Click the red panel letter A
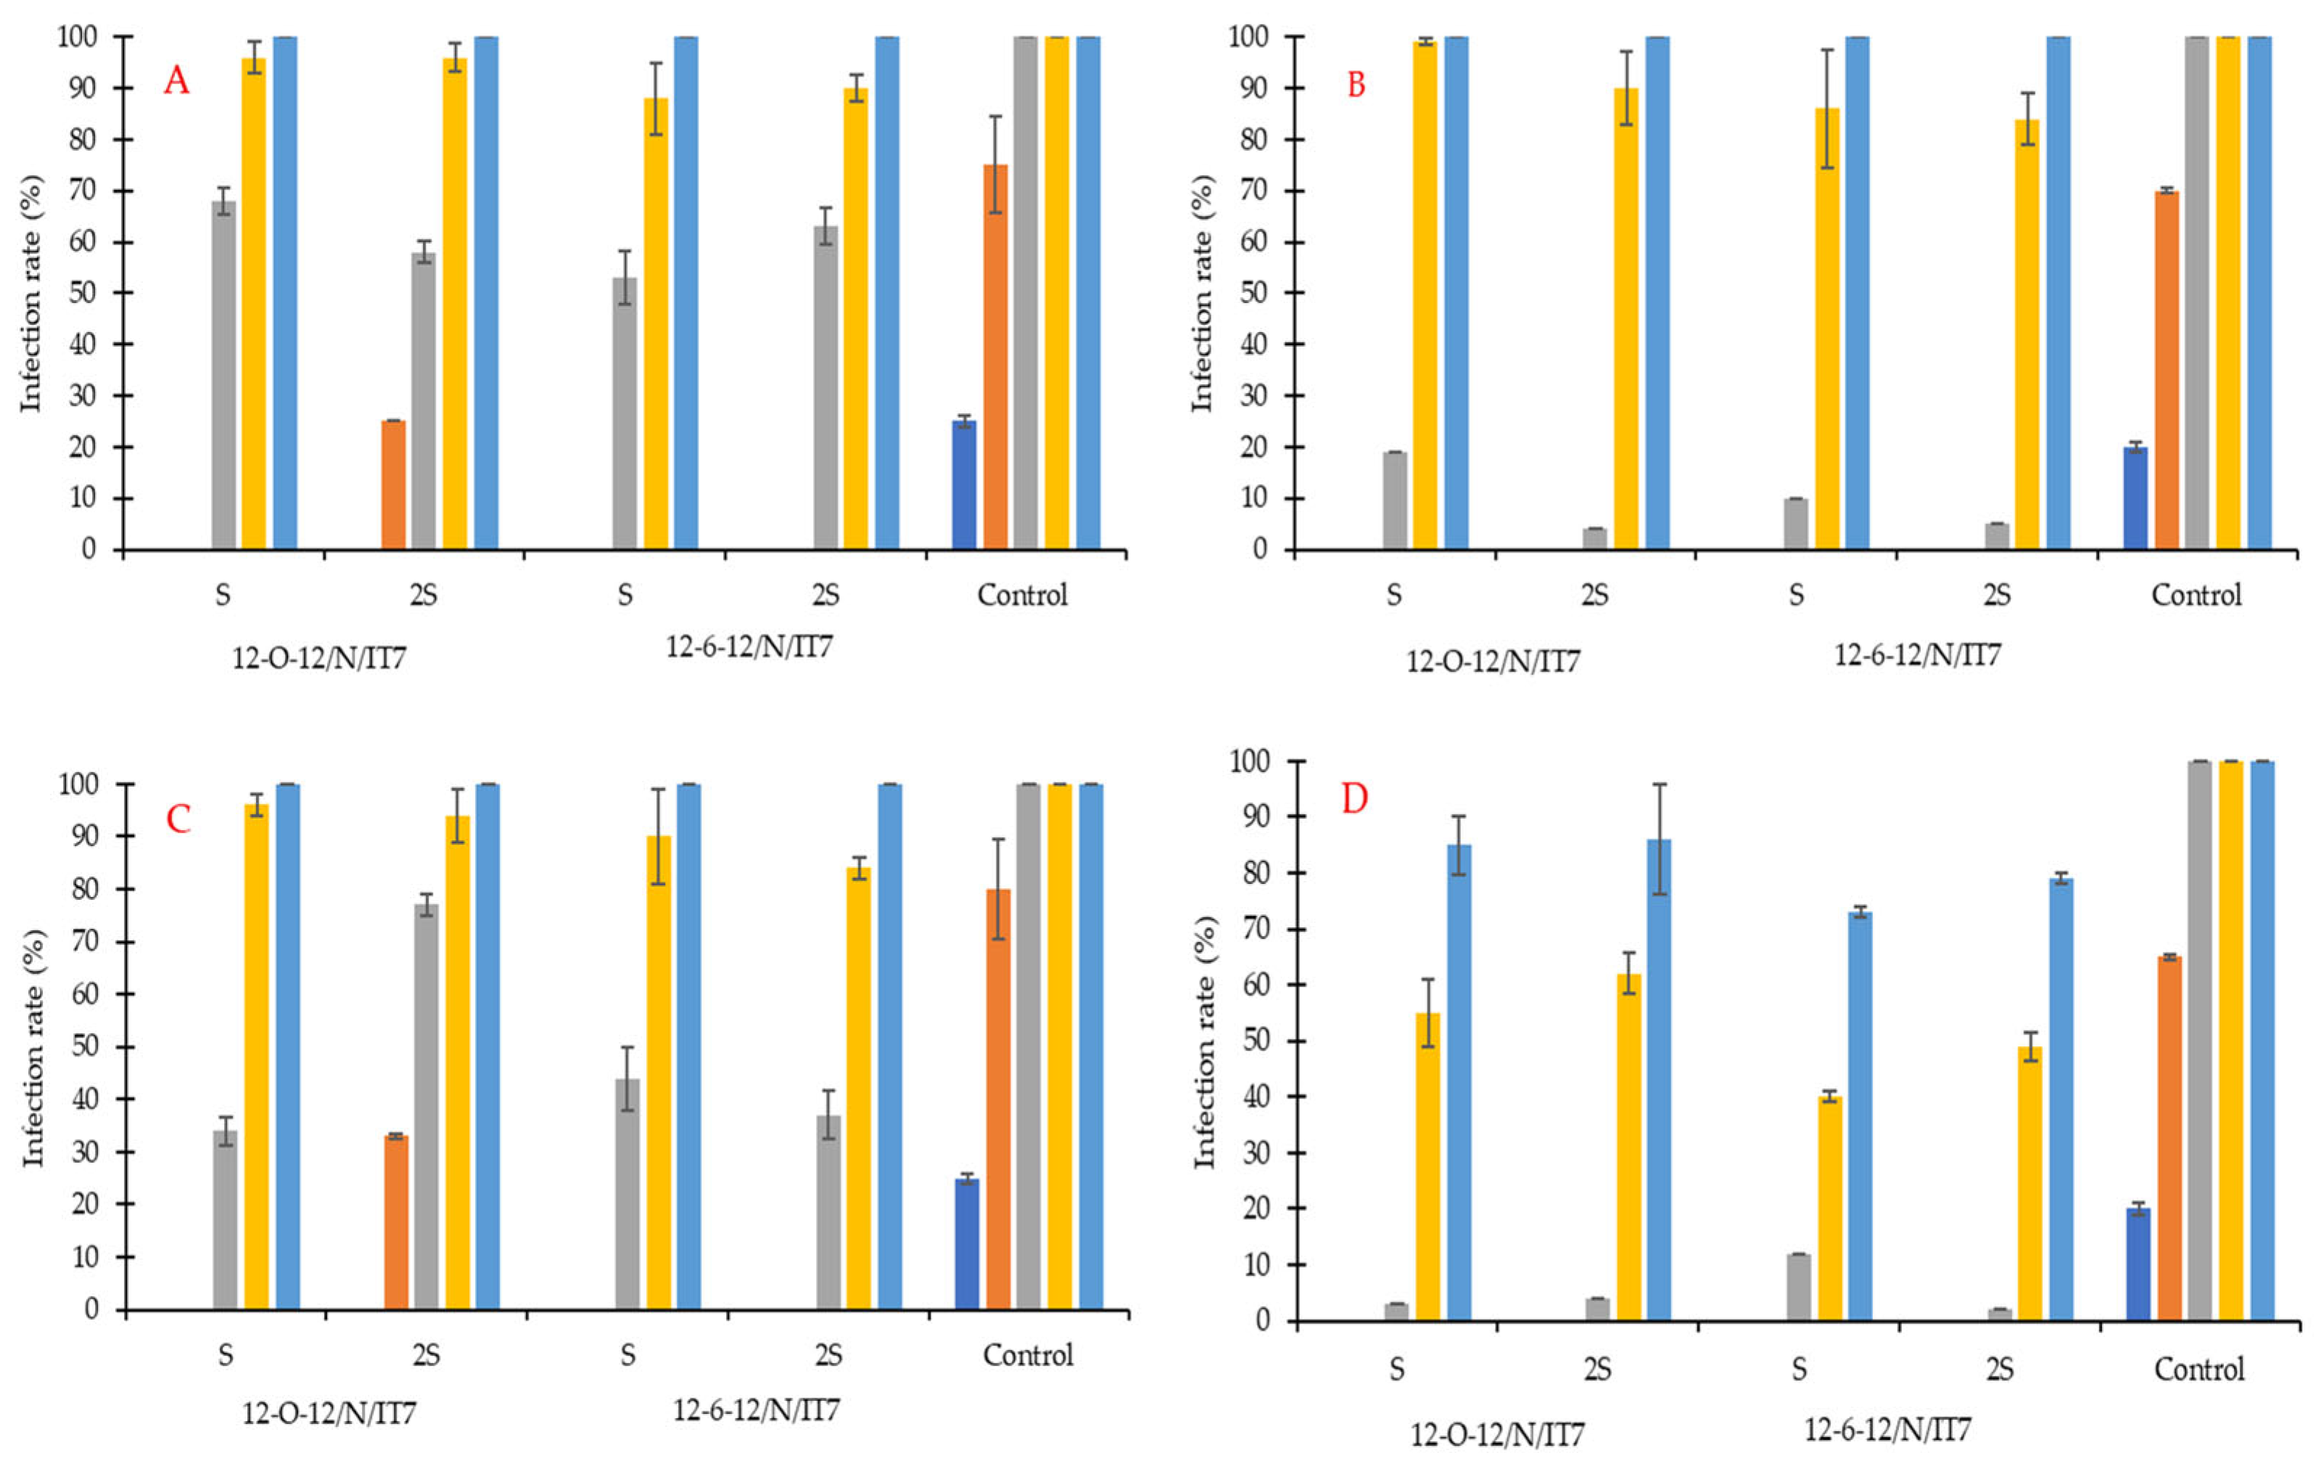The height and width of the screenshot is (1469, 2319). coord(176,81)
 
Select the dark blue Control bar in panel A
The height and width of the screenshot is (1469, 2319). coord(964,485)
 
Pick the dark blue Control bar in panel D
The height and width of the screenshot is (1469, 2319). coord(2138,1265)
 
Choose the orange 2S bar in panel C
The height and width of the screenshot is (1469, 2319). coord(396,1222)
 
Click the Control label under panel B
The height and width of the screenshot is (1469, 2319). coord(2196,595)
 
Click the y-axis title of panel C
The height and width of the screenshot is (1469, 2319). coord(35,1047)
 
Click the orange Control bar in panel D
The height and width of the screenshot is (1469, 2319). coord(2169,1139)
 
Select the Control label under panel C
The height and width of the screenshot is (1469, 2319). coord(1028,1354)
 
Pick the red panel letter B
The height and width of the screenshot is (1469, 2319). coord(1356,86)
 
